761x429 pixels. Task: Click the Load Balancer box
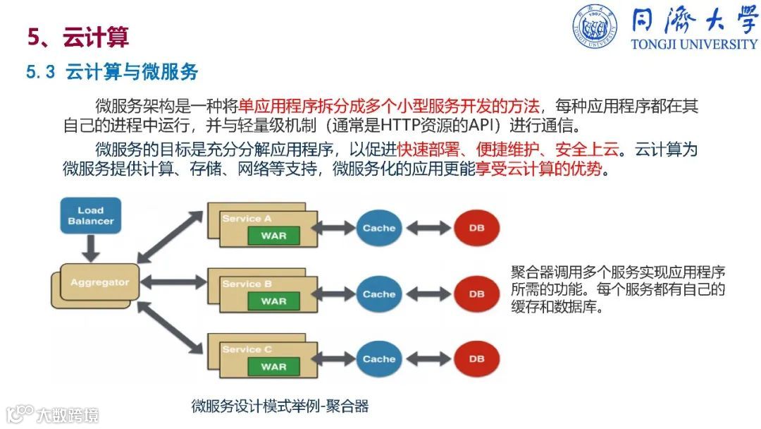90,215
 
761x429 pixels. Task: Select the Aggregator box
99,282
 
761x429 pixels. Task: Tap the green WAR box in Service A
273,236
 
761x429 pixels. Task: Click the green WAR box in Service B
273,301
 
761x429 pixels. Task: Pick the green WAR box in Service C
273,367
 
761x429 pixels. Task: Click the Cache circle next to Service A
379,228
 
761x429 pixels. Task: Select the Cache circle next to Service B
379,294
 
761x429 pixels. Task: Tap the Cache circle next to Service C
379,359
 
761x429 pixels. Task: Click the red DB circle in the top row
477,228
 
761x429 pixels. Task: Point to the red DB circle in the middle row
477,294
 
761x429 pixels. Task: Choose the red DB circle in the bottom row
477,359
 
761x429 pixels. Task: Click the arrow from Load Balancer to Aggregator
90,247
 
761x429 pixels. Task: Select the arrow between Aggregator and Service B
171,284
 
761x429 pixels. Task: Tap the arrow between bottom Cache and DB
428,359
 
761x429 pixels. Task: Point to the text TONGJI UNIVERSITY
693,44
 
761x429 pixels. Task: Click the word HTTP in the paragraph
400,128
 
